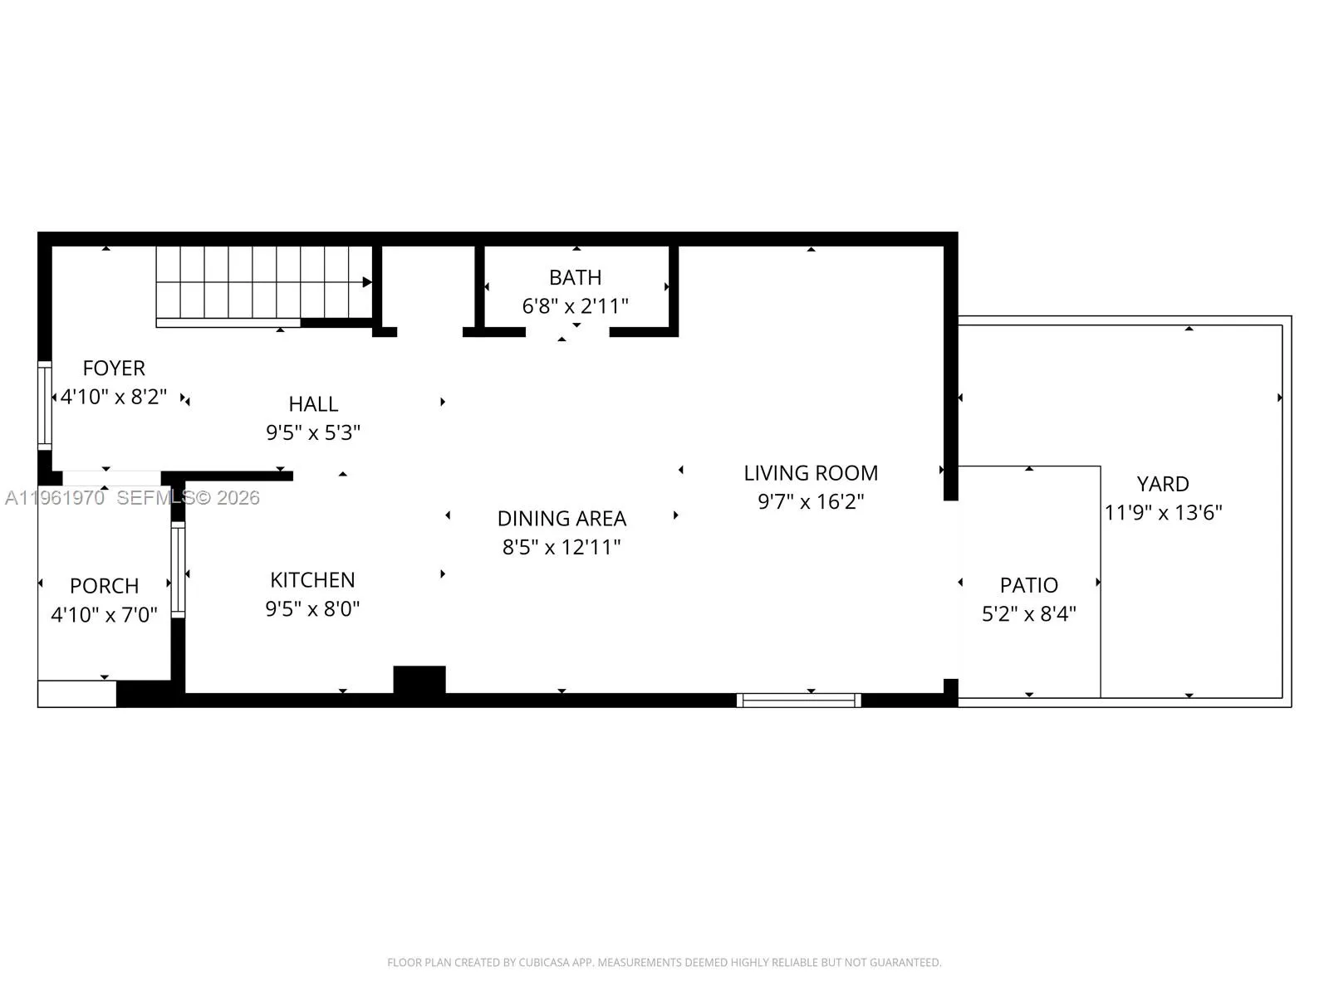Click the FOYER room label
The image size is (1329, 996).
point(114,368)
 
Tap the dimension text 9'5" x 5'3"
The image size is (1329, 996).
point(313,432)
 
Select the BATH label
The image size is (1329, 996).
point(575,277)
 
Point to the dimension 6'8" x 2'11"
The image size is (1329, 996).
point(575,306)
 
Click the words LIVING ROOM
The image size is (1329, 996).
point(811,473)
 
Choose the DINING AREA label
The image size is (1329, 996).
point(562,519)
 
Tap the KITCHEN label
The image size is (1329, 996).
point(312,580)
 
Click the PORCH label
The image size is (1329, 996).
point(104,586)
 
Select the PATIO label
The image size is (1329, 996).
point(1028,585)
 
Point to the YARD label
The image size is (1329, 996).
point(1162,484)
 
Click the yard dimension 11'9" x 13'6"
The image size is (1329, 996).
point(1162,513)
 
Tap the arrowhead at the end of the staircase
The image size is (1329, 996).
point(367,282)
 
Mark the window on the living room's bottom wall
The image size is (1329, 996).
point(798,701)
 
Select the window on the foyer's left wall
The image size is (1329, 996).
point(45,405)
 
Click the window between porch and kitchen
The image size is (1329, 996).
point(178,569)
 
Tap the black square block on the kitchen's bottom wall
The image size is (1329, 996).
point(419,679)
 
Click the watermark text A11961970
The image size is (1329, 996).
point(55,498)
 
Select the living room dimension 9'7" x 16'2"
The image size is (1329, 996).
point(811,501)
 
